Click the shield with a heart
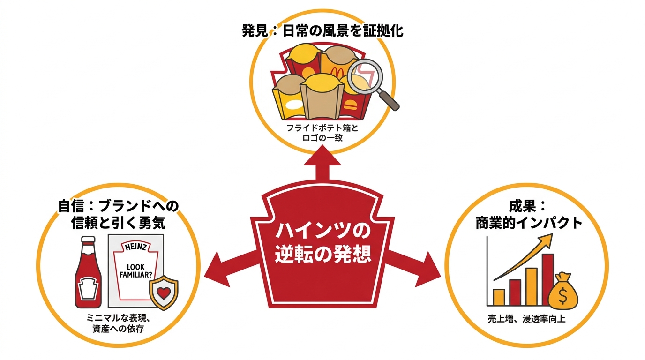[164, 292]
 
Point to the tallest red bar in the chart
[547, 280]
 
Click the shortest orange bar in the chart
[498, 298]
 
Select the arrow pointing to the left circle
[230, 267]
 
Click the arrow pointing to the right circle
[415, 267]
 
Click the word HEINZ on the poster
[136, 247]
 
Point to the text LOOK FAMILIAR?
[135, 271]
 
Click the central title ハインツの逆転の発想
[322, 243]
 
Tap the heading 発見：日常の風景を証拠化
[322, 31]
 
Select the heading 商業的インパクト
[529, 223]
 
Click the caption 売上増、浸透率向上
[527, 319]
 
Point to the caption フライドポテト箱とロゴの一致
[322, 133]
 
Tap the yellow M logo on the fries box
[335, 71]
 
